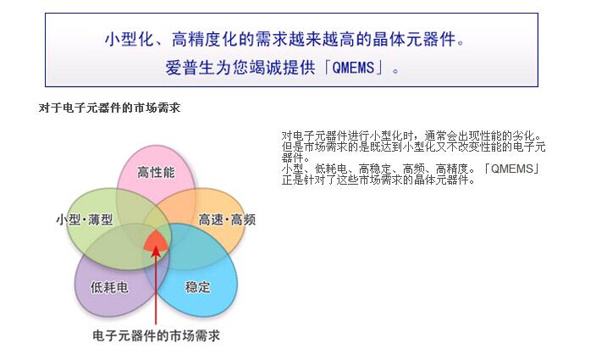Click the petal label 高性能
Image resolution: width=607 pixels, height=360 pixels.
156,172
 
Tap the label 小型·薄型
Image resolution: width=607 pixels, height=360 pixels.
85,219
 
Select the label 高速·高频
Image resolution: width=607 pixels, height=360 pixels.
227,219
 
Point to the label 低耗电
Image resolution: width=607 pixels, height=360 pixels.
108,287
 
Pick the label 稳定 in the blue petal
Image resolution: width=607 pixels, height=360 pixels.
197,287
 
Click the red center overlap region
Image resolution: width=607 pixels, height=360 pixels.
156,241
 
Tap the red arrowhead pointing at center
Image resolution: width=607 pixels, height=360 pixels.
156,251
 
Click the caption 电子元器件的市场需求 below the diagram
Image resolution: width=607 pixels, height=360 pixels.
156,335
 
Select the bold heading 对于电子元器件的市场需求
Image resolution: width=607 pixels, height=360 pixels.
109,108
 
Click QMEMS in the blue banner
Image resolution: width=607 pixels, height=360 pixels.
353,68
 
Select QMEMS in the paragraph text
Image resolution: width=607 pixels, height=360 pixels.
512,169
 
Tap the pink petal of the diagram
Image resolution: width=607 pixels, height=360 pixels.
156,163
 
